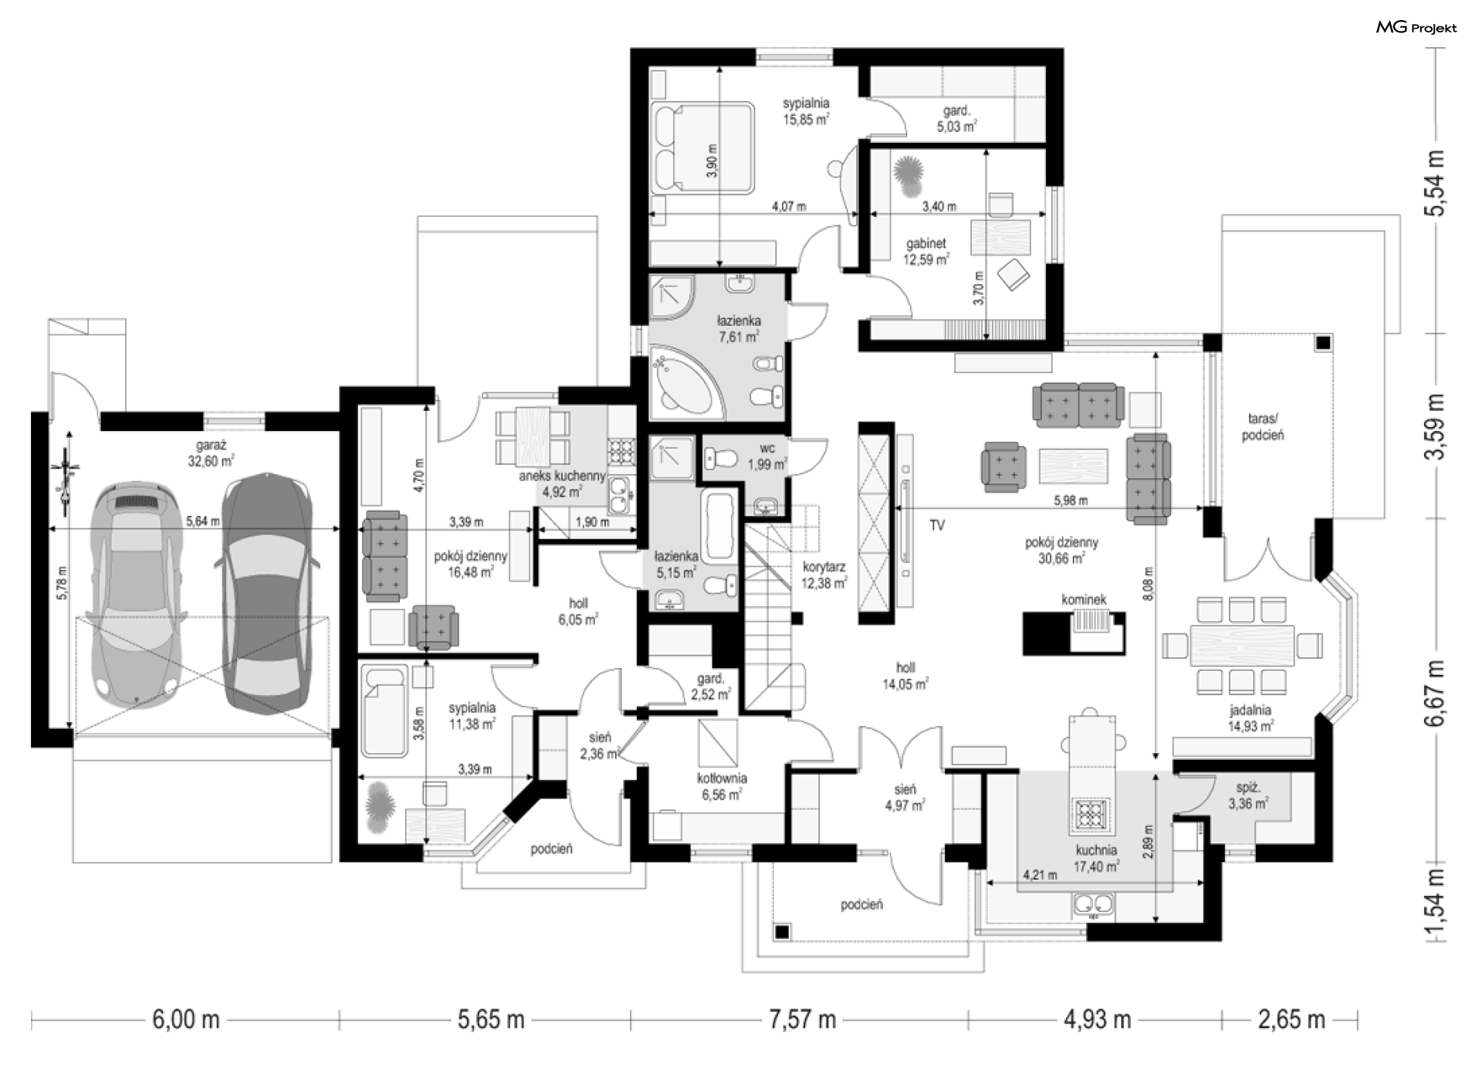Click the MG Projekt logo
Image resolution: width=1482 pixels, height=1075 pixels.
1416,28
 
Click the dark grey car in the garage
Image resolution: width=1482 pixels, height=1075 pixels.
267,592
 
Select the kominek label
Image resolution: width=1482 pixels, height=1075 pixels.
1084,599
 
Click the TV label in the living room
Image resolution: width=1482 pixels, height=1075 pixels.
937,526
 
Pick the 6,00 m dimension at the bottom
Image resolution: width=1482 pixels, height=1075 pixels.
186,1019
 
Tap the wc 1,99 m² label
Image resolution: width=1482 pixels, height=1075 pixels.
767,456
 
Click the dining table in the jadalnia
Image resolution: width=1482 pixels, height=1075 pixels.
1242,644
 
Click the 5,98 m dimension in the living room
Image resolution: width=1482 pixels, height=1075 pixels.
1071,500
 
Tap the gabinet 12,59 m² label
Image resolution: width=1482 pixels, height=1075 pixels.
926,251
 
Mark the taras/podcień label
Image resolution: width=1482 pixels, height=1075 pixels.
1263,426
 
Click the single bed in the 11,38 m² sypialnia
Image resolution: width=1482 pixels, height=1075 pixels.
384,713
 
